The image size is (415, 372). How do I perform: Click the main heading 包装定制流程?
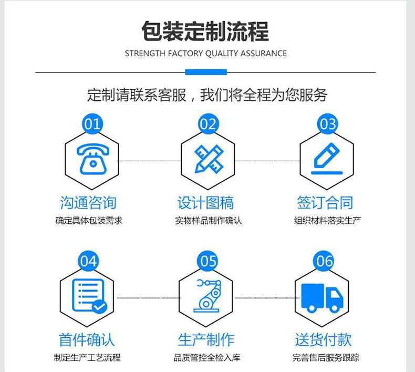click(205, 31)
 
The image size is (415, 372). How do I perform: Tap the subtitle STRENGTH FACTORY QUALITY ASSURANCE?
click(206, 53)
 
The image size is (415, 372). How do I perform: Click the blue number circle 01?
click(91, 124)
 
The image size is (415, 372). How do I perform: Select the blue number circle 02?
click(208, 124)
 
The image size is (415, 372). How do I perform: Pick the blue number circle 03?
click(327, 124)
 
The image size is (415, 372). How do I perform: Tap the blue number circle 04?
click(89, 261)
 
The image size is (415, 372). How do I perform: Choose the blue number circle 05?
click(208, 261)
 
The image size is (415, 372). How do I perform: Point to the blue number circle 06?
click(325, 261)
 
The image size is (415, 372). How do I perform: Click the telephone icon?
click(91, 159)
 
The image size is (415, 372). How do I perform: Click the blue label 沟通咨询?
click(88, 203)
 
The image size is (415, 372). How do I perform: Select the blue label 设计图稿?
click(205, 203)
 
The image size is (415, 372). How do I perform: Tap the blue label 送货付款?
click(323, 339)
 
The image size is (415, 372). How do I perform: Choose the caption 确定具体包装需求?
click(89, 221)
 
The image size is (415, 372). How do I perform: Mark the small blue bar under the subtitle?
click(206, 71)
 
